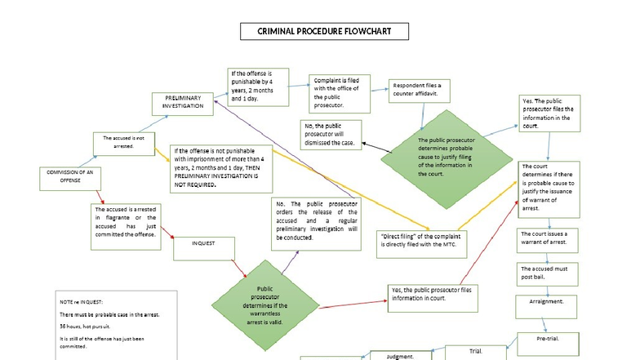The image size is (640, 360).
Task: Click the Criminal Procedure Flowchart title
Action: pyautogui.click(x=324, y=32)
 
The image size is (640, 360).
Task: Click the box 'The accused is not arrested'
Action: pyautogui.click(x=123, y=142)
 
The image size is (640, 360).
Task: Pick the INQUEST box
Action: pyautogui.click(x=204, y=244)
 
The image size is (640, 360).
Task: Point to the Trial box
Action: pyautogui.click(x=475, y=352)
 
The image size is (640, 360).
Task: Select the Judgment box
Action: pyautogui.click(x=405, y=355)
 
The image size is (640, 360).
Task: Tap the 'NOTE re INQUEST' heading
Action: pyautogui.click(x=81, y=301)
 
